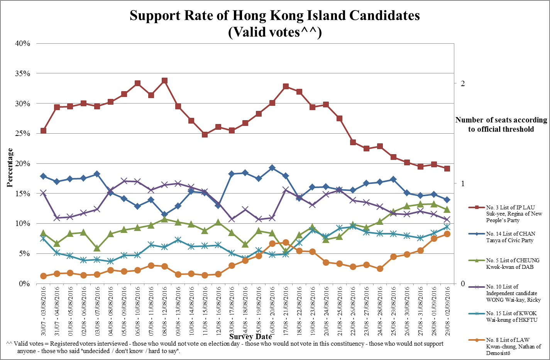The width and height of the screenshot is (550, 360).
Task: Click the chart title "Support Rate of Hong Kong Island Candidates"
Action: pos(274,15)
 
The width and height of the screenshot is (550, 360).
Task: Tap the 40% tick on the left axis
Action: pos(22,43)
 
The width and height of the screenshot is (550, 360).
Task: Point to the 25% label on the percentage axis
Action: pos(22,133)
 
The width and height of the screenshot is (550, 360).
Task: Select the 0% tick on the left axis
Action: pos(24,284)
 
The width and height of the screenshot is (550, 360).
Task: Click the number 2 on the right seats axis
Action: pos(462,83)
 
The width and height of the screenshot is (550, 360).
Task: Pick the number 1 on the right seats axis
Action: pos(462,183)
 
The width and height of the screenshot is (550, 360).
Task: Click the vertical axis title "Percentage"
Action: pos(10,167)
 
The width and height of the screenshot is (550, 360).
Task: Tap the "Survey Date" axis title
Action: pos(250,336)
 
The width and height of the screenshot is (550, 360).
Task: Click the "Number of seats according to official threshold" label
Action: pos(501,124)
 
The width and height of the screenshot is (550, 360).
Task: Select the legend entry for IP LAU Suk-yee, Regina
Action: pos(514,214)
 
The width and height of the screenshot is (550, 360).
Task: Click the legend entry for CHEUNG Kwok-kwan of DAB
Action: pos(513,263)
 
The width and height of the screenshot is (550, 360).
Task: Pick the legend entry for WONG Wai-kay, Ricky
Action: pos(513,293)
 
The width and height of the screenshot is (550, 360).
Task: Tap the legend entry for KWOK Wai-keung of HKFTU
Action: pos(511,316)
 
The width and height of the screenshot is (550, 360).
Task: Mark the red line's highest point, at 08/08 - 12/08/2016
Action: pos(164,81)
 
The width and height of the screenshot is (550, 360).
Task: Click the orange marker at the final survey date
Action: pos(447,234)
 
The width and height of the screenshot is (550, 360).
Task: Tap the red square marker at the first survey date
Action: pos(43,131)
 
